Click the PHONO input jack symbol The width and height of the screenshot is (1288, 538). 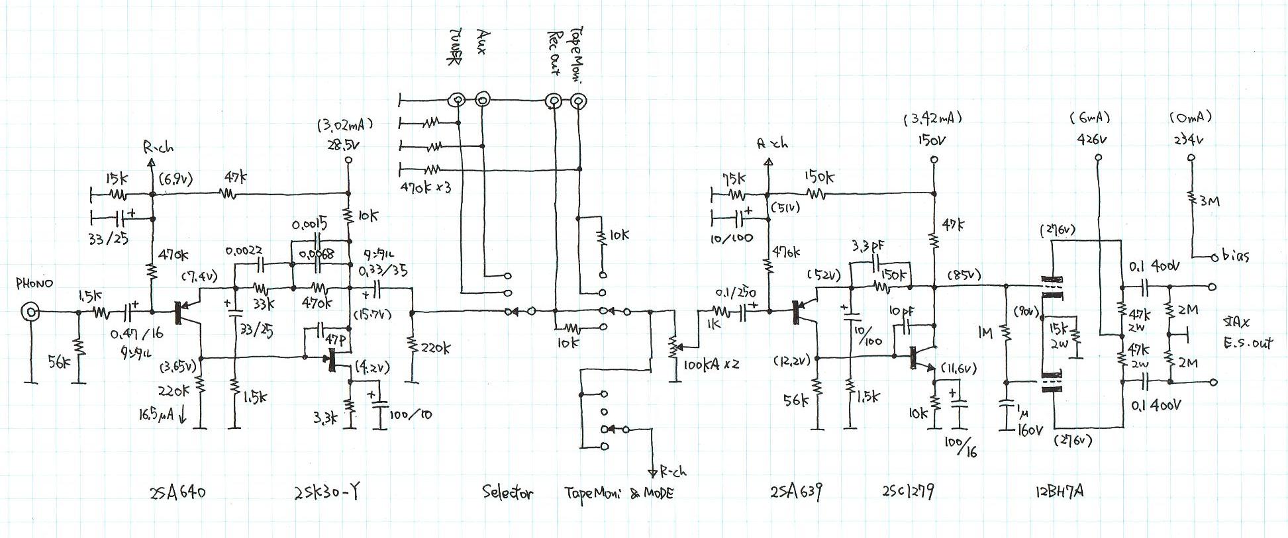tap(30, 311)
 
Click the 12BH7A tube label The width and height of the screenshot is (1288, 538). tap(1058, 492)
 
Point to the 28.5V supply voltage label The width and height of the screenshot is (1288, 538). tap(344, 145)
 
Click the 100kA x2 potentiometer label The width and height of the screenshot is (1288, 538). tap(712, 365)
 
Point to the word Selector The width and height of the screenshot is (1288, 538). tap(507, 493)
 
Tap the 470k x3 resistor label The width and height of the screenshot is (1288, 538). tap(426, 187)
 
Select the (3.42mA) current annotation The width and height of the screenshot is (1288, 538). tap(932, 118)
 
